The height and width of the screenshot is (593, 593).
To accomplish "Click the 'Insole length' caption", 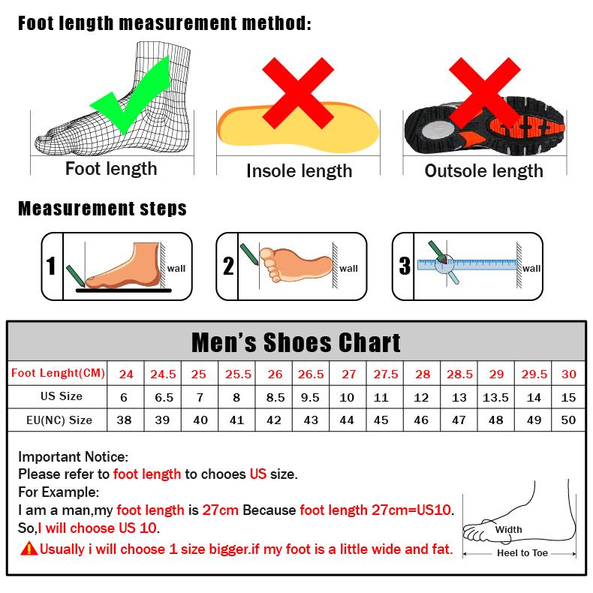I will click(x=299, y=171).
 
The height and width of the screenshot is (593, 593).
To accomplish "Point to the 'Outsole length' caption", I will click(x=483, y=171).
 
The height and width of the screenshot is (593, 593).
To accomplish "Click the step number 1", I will click(x=51, y=266).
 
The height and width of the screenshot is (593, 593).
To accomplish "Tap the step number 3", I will click(x=405, y=266).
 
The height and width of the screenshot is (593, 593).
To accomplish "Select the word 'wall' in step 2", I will click(x=348, y=268).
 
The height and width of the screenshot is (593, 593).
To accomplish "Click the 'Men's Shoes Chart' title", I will click(x=296, y=342).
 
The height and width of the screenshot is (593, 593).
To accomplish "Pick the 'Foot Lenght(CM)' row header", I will click(x=59, y=373).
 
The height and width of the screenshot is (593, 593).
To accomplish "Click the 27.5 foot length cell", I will click(x=386, y=374).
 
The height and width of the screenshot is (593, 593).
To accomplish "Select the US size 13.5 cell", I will click(x=496, y=397).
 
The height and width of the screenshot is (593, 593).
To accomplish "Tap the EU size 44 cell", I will click(x=347, y=420).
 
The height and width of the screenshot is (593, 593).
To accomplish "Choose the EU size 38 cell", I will click(x=125, y=420).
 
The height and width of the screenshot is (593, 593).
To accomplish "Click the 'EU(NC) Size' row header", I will click(x=59, y=420).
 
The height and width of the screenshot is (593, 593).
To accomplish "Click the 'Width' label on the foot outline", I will click(x=508, y=529).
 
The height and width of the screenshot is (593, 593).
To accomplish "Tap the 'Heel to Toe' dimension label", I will click(x=522, y=553).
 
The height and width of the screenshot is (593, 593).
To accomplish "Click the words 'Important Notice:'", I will click(x=74, y=456).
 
